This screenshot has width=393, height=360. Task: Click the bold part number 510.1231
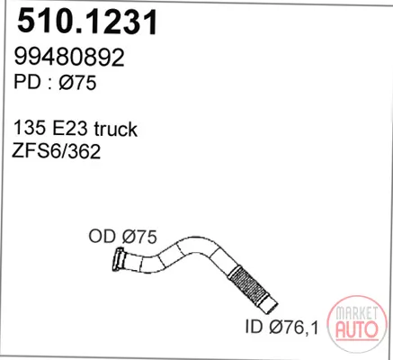(87, 22)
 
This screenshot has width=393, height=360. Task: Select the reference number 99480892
(69, 57)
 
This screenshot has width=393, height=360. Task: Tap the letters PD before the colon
(27, 82)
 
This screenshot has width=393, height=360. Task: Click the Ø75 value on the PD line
(78, 82)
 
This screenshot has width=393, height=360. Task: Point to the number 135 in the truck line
(30, 128)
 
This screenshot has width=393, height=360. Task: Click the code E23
(70, 128)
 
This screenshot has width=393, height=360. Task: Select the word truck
(115, 129)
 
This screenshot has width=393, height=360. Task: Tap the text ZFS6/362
(57, 151)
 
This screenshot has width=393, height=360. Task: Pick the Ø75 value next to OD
(139, 237)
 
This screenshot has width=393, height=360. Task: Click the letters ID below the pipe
(255, 327)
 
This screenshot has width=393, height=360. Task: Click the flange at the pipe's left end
(119, 259)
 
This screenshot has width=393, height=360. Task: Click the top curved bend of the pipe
(196, 244)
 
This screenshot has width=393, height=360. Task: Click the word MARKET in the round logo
(356, 313)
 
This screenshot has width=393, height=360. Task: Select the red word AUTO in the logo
(357, 328)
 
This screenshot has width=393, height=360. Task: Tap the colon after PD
(49, 84)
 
